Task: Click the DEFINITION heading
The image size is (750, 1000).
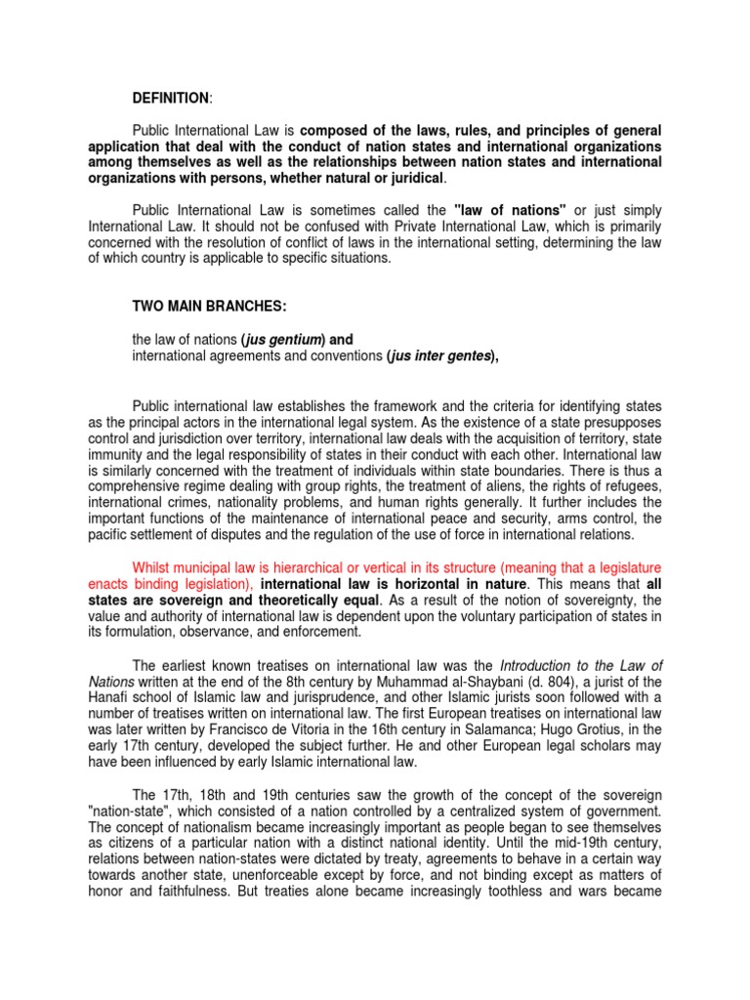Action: click(170, 98)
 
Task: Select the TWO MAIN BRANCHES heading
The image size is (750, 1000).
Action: click(209, 306)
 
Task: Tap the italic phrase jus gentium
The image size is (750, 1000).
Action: click(282, 339)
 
